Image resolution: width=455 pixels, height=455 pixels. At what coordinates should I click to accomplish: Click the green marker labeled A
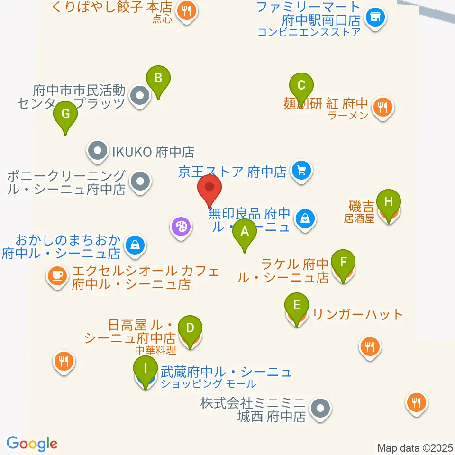(245, 232)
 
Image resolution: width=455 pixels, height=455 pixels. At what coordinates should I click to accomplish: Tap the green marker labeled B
(158, 78)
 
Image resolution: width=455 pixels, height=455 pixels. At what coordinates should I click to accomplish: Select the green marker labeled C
(301, 86)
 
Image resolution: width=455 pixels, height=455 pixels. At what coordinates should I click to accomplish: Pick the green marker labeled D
(190, 328)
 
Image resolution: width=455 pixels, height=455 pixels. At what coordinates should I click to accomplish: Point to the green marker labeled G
(65, 114)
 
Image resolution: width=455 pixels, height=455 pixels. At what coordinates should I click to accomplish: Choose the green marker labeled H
(389, 202)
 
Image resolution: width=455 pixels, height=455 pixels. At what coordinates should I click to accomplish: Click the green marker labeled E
(297, 305)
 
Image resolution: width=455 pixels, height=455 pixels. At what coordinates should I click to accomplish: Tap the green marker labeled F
(343, 262)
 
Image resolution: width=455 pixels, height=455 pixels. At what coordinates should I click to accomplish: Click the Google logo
(32, 444)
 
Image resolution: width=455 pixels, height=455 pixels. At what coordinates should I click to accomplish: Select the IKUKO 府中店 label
(153, 152)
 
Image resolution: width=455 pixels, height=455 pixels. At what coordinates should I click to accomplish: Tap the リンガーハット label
(358, 314)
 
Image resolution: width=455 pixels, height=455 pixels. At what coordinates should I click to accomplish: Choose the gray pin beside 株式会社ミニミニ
(320, 408)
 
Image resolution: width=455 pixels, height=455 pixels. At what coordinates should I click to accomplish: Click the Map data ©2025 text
(414, 447)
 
